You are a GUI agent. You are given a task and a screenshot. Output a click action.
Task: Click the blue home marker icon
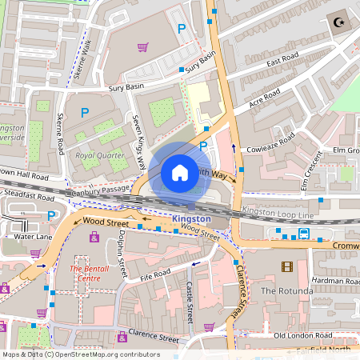(180, 172)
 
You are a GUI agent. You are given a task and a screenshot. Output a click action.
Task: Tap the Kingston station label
(192, 218)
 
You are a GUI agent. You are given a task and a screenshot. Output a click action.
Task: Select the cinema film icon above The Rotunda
(287, 266)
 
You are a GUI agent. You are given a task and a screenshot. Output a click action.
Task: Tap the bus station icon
(304, 234)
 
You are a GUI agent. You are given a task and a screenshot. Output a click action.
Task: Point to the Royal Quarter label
(96, 155)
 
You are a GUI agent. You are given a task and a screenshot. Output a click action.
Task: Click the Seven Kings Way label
(138, 141)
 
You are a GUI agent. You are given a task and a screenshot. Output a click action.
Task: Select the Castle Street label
(190, 302)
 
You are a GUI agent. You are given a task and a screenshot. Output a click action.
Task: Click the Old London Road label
(302, 335)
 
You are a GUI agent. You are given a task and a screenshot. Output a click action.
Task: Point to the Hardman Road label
(335, 281)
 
